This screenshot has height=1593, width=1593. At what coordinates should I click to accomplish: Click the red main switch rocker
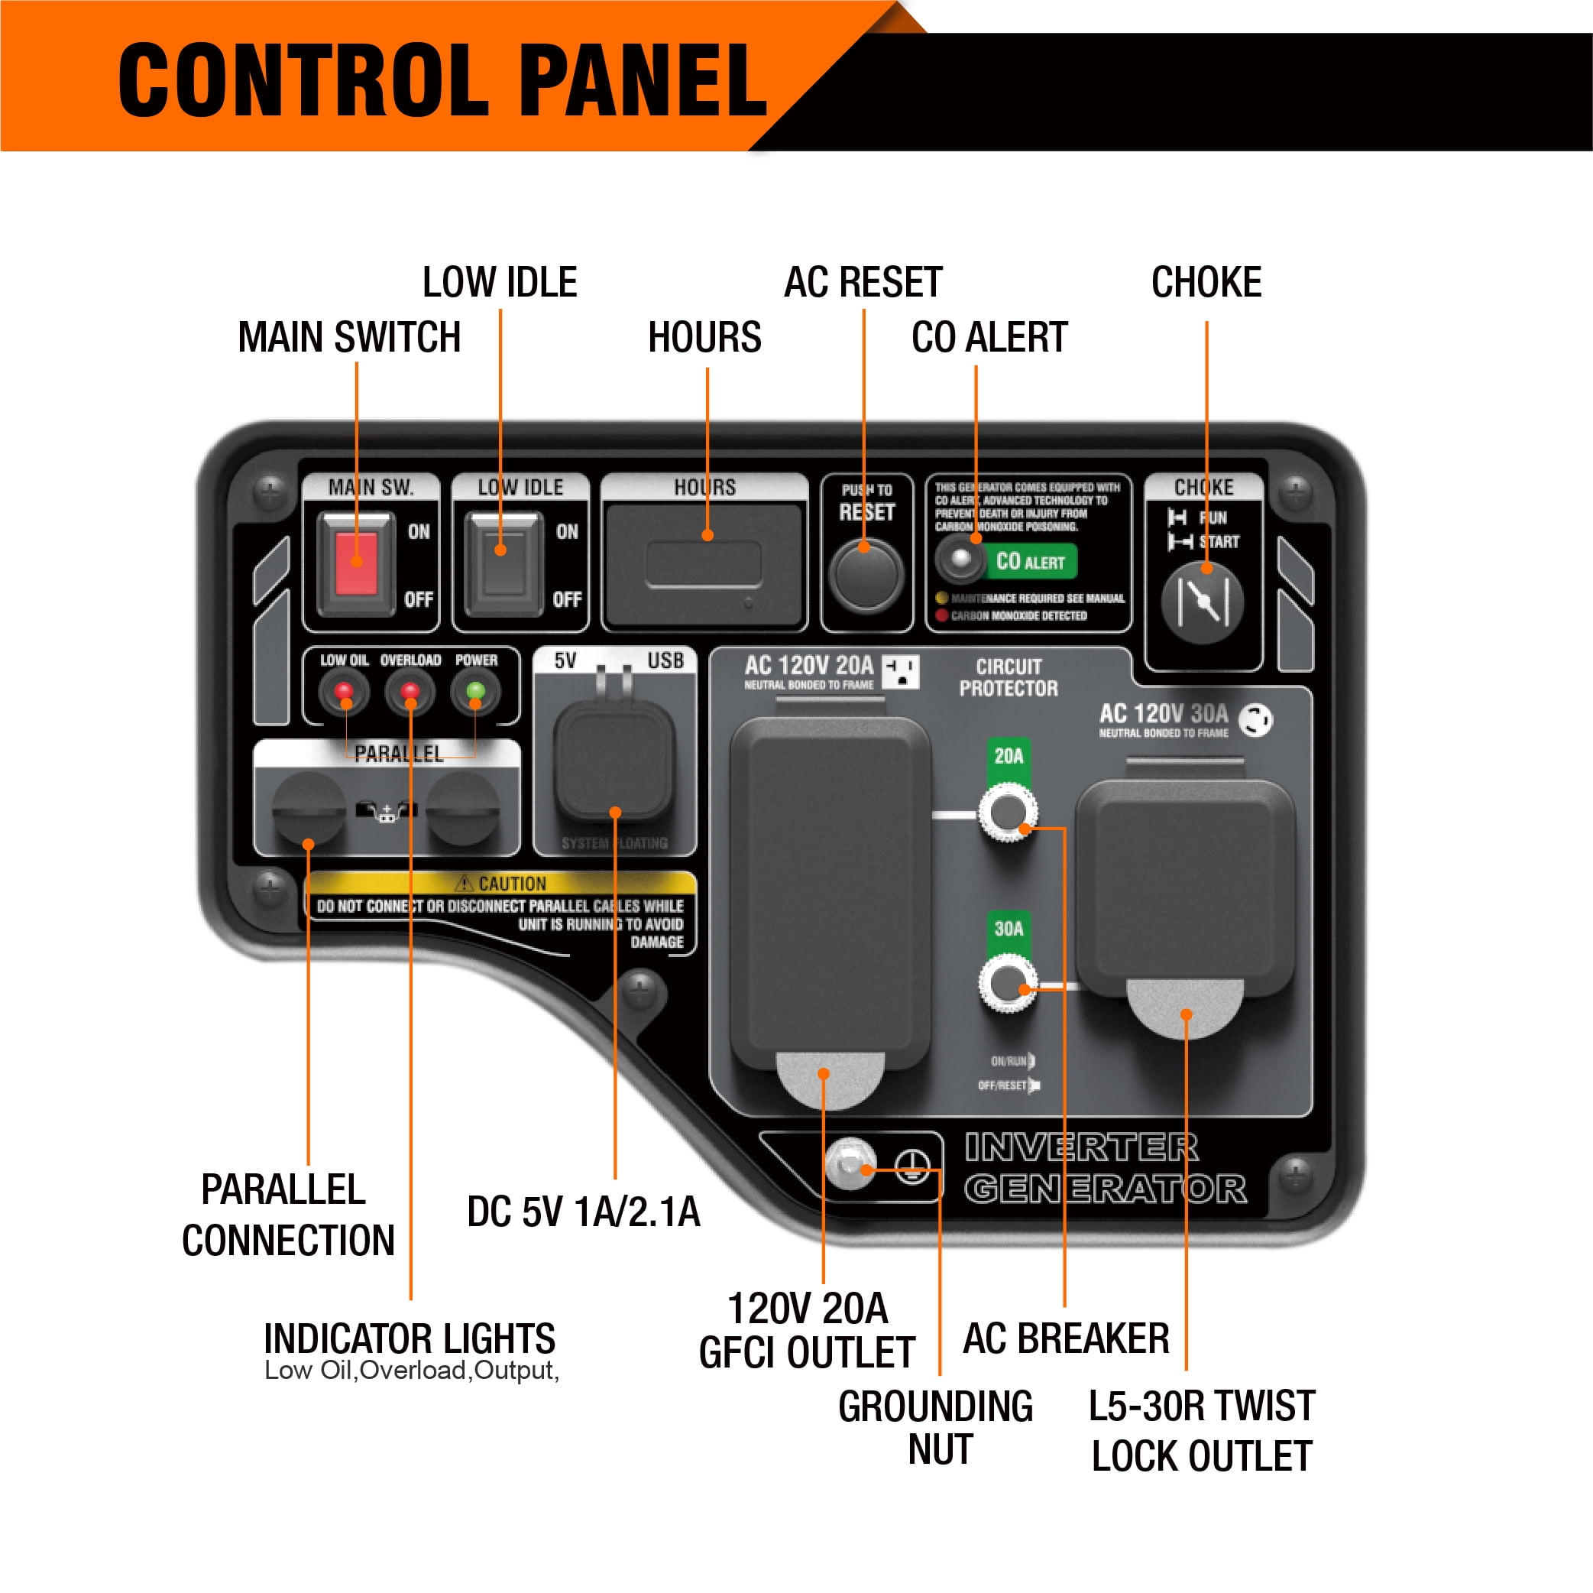click(356, 563)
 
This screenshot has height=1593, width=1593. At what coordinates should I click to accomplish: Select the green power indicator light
click(475, 691)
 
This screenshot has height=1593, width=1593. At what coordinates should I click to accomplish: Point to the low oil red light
click(344, 691)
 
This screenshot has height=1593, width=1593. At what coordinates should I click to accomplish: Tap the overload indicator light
click(410, 691)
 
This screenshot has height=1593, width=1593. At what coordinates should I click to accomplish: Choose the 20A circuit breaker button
click(1008, 813)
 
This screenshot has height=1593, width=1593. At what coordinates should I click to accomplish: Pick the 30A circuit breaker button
click(1008, 983)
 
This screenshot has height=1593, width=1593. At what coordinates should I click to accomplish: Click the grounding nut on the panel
click(850, 1164)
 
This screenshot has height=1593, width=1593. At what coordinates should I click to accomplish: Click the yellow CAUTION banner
click(500, 884)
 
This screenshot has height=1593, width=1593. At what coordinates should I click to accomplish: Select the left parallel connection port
click(309, 809)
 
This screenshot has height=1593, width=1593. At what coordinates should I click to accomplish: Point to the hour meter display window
click(704, 564)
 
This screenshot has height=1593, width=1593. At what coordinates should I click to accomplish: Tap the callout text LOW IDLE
click(500, 283)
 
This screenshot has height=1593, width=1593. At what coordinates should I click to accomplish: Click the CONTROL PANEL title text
click(443, 80)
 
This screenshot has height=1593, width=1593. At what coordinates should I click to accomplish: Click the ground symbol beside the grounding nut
click(912, 1166)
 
